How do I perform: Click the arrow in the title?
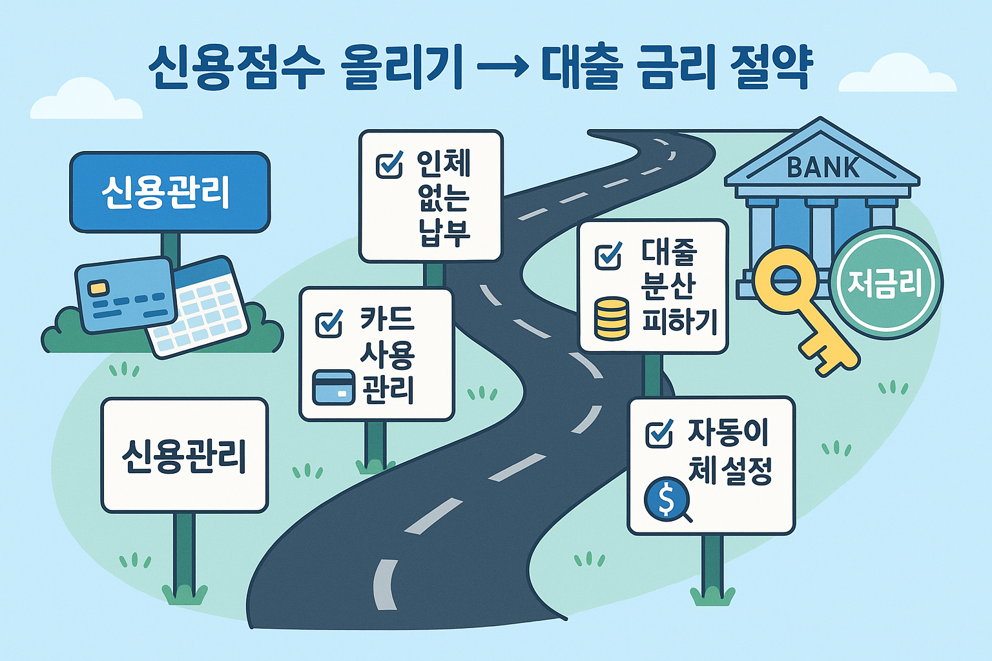[501, 66]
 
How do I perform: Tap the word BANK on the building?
[823, 168]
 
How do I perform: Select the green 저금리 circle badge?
[885, 283]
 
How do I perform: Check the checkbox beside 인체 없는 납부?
[389, 165]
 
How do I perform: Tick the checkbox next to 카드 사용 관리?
[329, 323]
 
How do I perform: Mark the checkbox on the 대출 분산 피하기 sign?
[608, 256]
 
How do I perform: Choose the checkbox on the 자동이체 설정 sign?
[659, 433]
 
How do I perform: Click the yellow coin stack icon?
[611, 318]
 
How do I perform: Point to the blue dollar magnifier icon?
[666, 498]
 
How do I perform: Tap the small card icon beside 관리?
[333, 387]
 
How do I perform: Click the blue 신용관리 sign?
[169, 192]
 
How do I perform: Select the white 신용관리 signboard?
[184, 455]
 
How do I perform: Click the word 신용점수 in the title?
[235, 66]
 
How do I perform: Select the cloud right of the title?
[898, 74]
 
